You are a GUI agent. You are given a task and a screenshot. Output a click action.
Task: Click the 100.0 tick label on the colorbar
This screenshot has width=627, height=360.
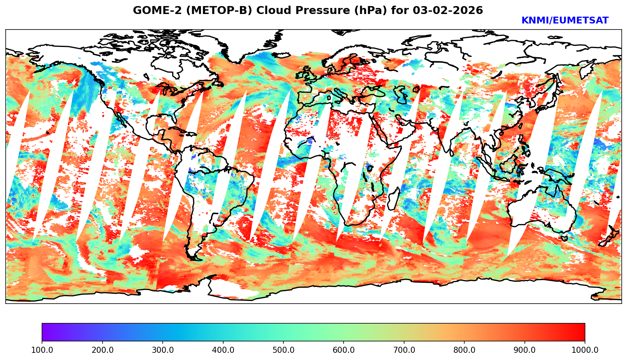[42, 350]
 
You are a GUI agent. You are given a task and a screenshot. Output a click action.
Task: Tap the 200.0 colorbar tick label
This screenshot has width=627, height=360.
[102, 350]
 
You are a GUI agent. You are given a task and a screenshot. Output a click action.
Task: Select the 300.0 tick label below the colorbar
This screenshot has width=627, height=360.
[163, 350]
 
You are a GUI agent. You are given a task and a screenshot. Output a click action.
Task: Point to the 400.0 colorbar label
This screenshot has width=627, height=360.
[223, 350]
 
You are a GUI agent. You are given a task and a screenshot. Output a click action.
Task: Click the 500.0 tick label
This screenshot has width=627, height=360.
[283, 350]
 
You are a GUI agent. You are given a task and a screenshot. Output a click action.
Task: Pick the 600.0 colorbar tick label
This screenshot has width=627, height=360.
[344, 350]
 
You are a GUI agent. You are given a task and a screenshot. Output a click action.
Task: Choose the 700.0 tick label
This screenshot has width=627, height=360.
[404, 350]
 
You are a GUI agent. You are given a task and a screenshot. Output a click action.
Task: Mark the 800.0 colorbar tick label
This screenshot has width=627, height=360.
[464, 350]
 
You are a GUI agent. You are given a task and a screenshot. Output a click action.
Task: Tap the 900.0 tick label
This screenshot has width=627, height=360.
[525, 350]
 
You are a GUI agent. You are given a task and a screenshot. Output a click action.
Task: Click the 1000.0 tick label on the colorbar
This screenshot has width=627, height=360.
[585, 350]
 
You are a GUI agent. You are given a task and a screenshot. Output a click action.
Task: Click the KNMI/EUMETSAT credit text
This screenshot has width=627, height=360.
[565, 21]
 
